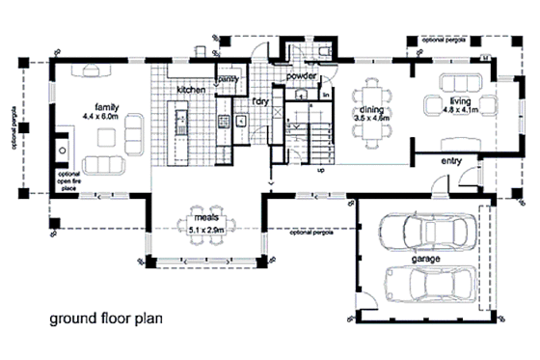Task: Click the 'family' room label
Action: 106,106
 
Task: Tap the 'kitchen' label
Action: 191,90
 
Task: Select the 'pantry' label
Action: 229,78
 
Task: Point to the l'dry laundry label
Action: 258,99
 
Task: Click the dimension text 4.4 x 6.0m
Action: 105,116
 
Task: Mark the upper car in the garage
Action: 427,233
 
